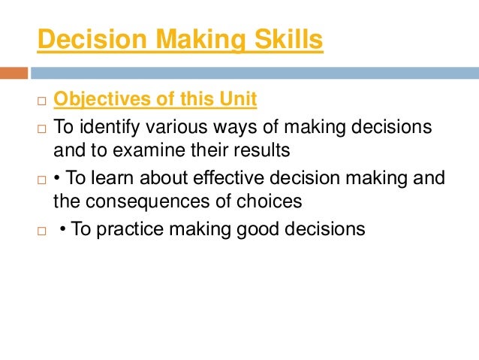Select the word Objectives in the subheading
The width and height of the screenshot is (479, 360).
tap(98, 98)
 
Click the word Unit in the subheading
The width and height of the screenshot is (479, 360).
tap(239, 98)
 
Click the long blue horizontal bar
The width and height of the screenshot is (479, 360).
tap(255, 73)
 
